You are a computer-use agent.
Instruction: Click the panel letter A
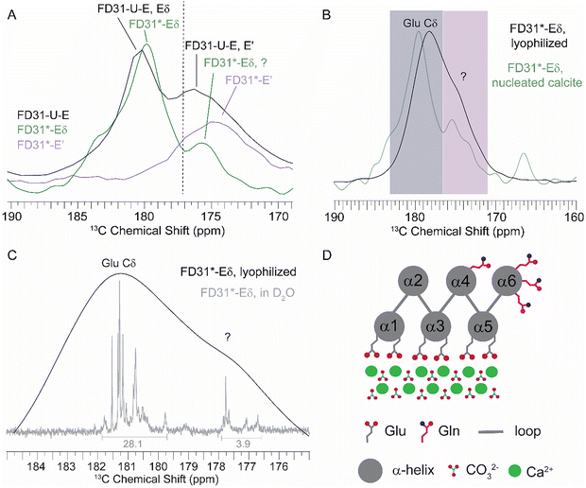10,11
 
